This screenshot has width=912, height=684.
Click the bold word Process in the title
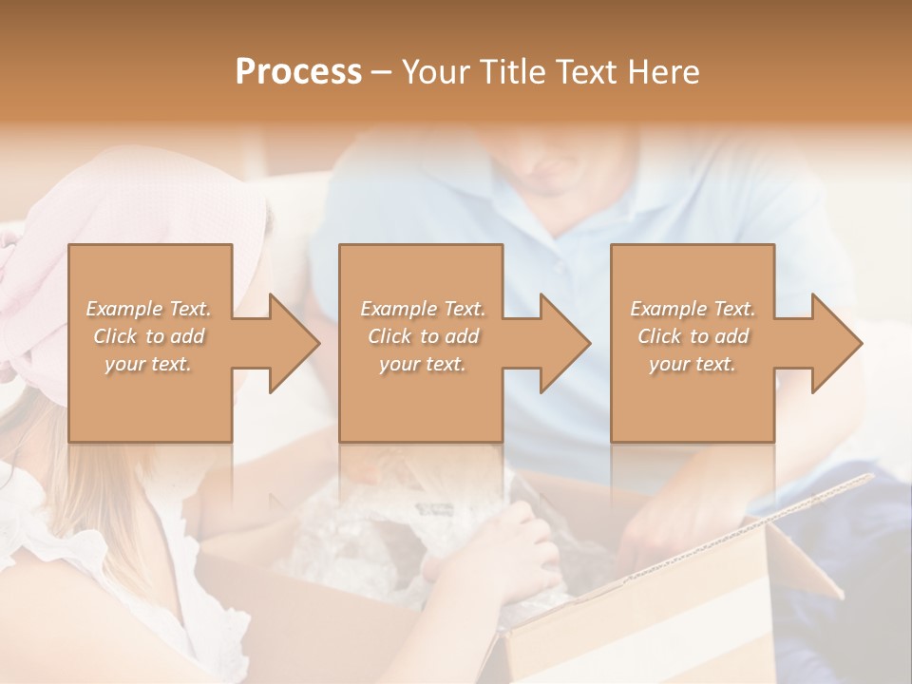(x=298, y=72)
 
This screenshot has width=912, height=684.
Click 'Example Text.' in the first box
(x=149, y=309)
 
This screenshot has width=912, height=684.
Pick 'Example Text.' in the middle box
(x=423, y=309)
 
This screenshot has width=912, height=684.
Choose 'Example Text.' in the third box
(x=693, y=309)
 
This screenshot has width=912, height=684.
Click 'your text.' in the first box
(x=147, y=364)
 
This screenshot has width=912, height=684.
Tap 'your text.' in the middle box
(x=422, y=364)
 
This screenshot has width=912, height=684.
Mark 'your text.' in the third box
(x=692, y=364)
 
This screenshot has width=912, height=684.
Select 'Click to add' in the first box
(x=149, y=336)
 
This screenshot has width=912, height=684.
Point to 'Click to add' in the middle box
(x=423, y=336)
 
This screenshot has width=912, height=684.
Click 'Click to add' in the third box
(x=693, y=336)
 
